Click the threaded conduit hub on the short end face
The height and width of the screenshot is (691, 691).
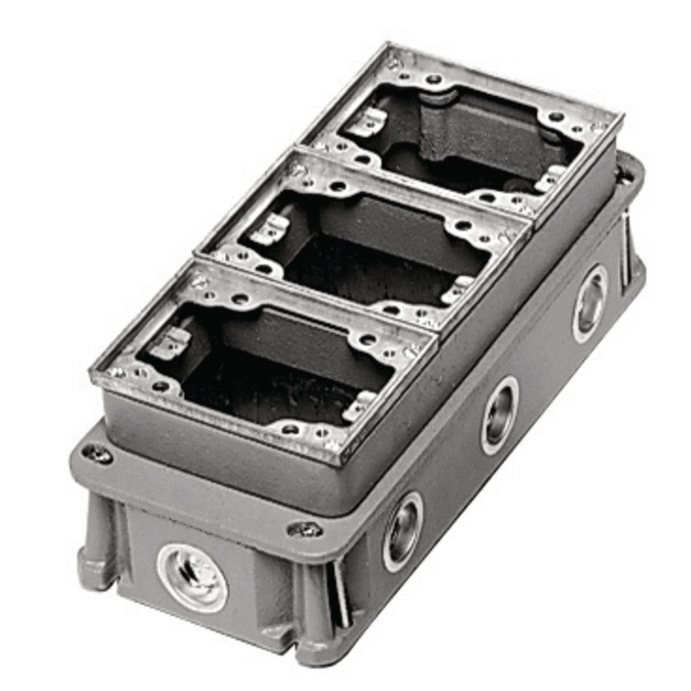tap(192, 578)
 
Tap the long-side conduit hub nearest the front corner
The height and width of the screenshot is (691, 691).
tap(402, 531)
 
